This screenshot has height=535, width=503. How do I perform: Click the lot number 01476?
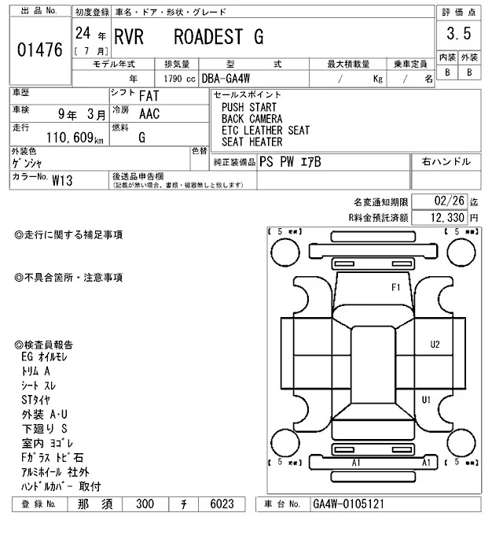(x=39, y=50)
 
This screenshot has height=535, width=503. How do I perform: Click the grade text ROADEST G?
(x=218, y=37)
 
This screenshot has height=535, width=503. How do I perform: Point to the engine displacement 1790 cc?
(x=179, y=78)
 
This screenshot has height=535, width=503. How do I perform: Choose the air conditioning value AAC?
(x=149, y=113)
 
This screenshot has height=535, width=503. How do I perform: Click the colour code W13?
(x=62, y=180)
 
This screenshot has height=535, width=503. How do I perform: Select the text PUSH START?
(x=249, y=107)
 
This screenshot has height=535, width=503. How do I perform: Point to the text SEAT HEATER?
(x=251, y=142)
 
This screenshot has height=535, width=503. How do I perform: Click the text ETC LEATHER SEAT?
(x=265, y=131)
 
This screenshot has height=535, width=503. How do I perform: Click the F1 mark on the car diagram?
(x=396, y=286)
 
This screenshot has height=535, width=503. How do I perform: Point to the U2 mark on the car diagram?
(x=435, y=345)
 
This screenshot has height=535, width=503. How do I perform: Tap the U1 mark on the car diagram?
(x=426, y=400)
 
